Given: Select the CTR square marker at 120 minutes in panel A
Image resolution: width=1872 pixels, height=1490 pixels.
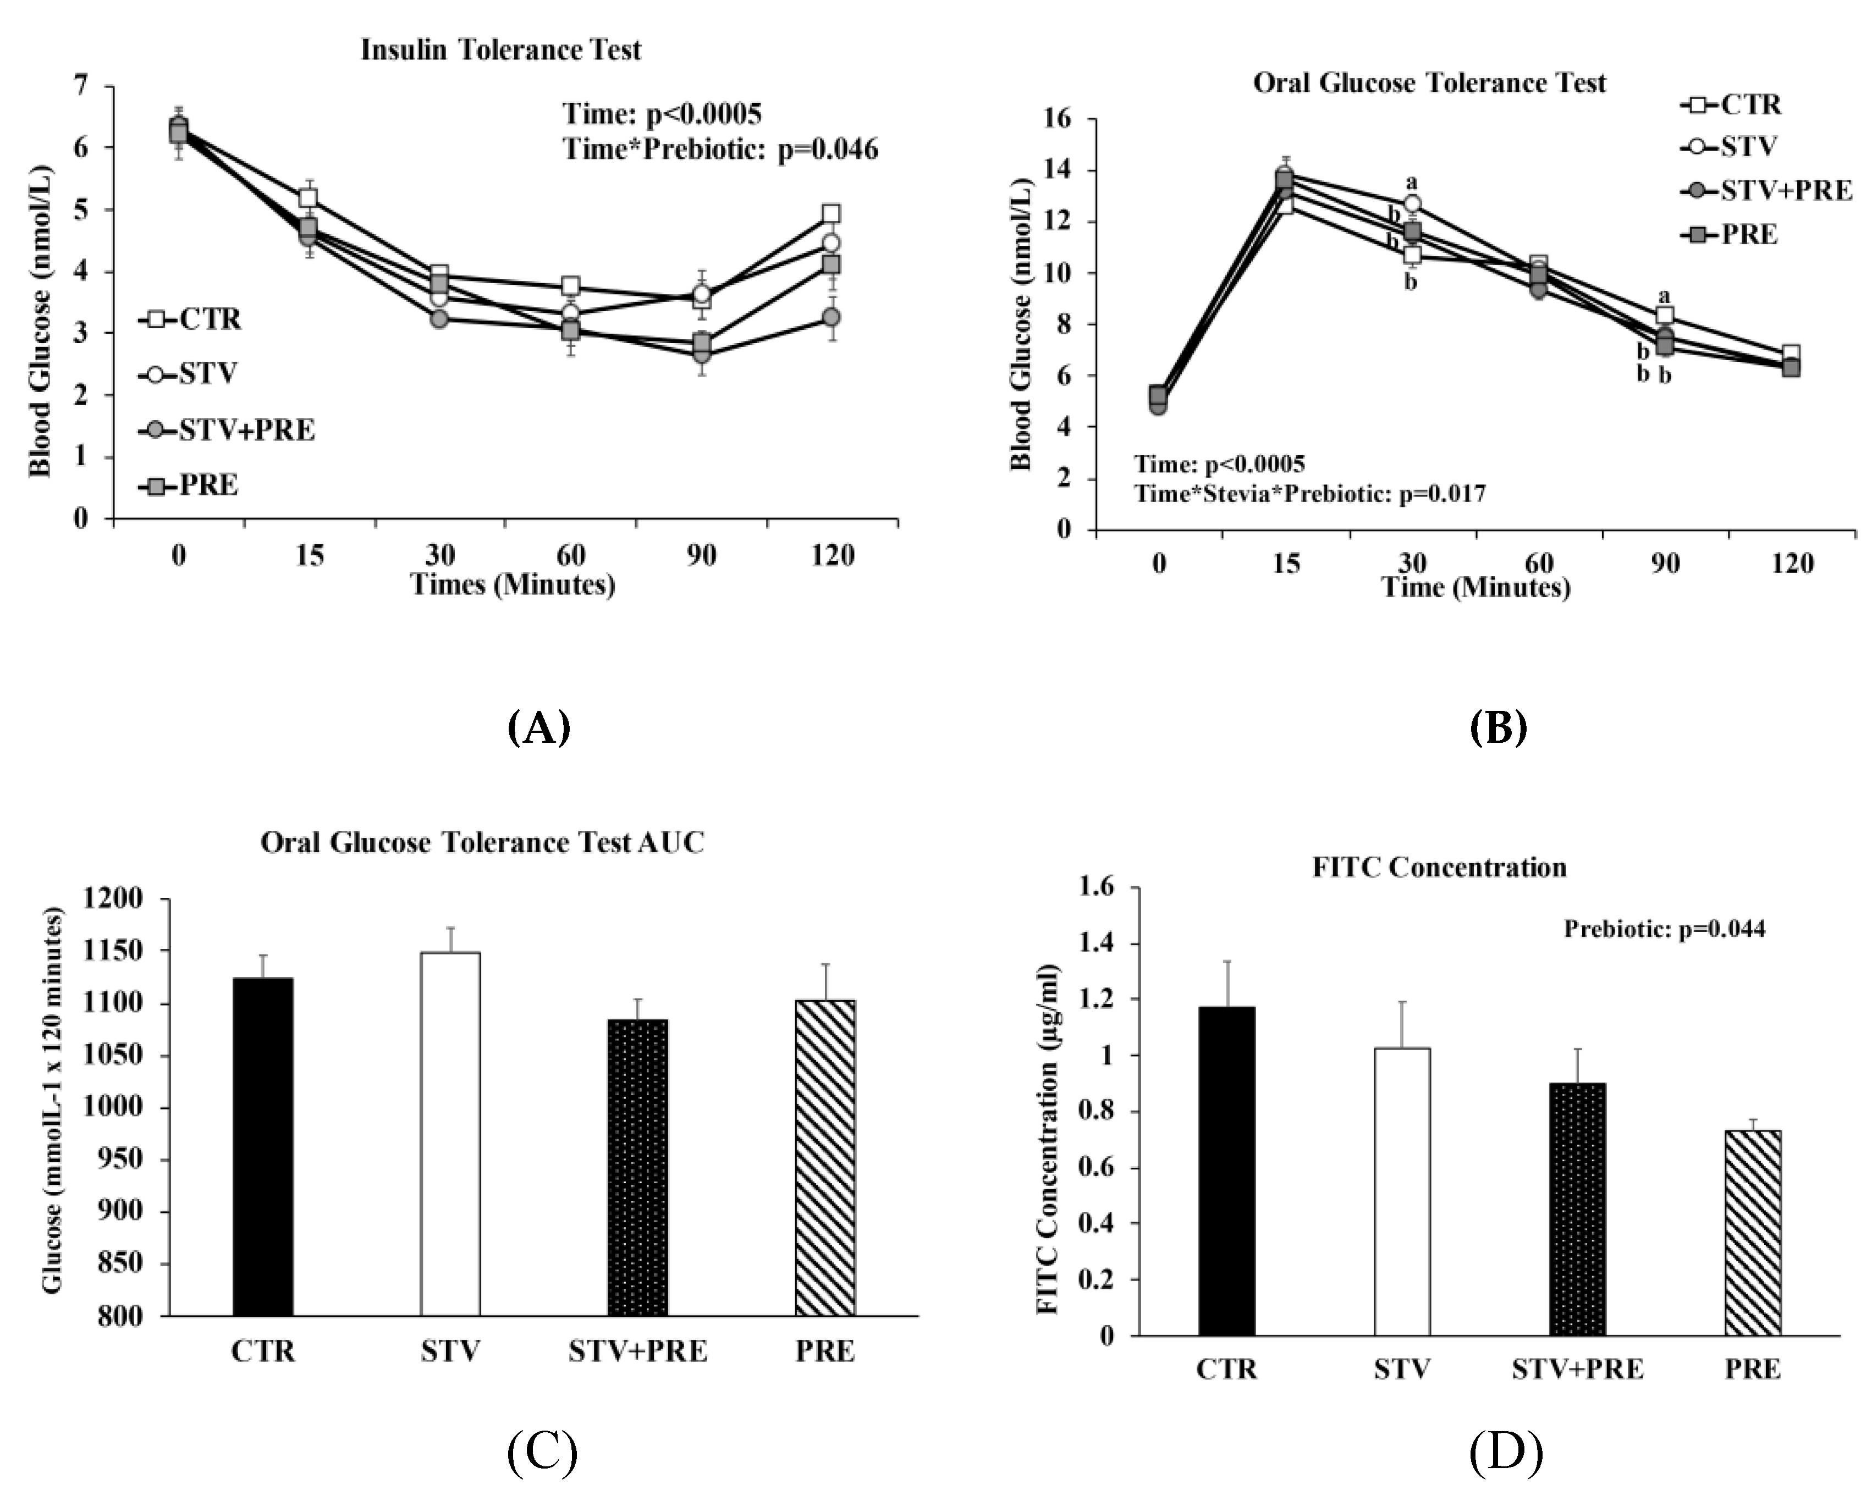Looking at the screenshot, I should tap(831, 213).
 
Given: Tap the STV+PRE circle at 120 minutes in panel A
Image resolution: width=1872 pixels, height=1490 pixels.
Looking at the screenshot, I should tap(831, 317).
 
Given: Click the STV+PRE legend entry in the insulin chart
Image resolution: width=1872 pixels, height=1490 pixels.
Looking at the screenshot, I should tap(228, 430).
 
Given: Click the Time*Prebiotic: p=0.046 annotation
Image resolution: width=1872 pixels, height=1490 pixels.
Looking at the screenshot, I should tap(720, 150).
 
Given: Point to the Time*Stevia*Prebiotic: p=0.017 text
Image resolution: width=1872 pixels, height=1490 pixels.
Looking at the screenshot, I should tap(1310, 494).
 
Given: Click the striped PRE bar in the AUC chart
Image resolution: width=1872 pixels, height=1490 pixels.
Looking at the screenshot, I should tap(825, 1157).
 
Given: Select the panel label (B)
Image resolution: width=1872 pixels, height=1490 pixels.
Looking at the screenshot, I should tap(1499, 727).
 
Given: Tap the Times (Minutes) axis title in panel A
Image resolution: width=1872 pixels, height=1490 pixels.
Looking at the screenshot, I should tap(513, 584).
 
